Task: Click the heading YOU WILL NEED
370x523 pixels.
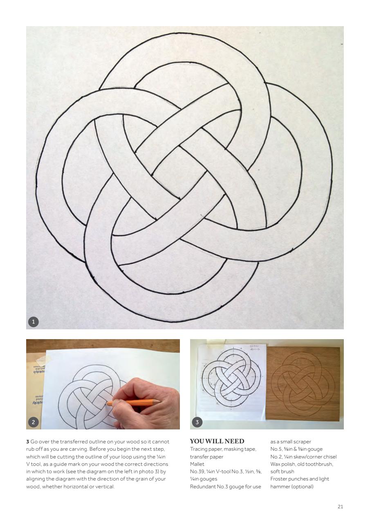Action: (x=217, y=441)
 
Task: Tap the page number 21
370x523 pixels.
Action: (x=340, y=507)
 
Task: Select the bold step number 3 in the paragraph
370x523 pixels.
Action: (x=27, y=442)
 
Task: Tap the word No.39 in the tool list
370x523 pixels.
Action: (x=197, y=472)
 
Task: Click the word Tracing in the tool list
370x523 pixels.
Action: (x=198, y=449)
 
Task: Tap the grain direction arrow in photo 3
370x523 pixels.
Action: (x=255, y=350)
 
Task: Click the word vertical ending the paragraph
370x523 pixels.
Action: (x=105, y=486)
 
